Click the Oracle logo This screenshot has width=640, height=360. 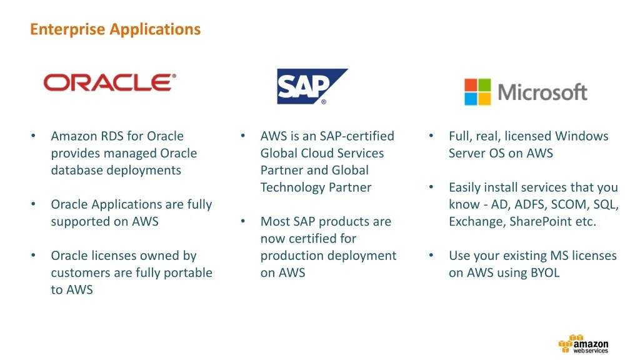(x=110, y=82)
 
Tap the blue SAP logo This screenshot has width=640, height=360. (x=312, y=86)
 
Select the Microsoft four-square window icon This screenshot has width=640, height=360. (x=477, y=92)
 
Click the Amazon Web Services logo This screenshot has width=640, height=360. (x=584, y=344)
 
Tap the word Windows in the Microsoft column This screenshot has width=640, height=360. (x=582, y=136)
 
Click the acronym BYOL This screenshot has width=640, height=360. (x=545, y=272)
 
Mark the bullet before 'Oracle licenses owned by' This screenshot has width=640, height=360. (x=34, y=256)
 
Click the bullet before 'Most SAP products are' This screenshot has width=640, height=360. (x=243, y=221)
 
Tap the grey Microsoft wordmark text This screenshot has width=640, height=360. (x=542, y=92)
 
